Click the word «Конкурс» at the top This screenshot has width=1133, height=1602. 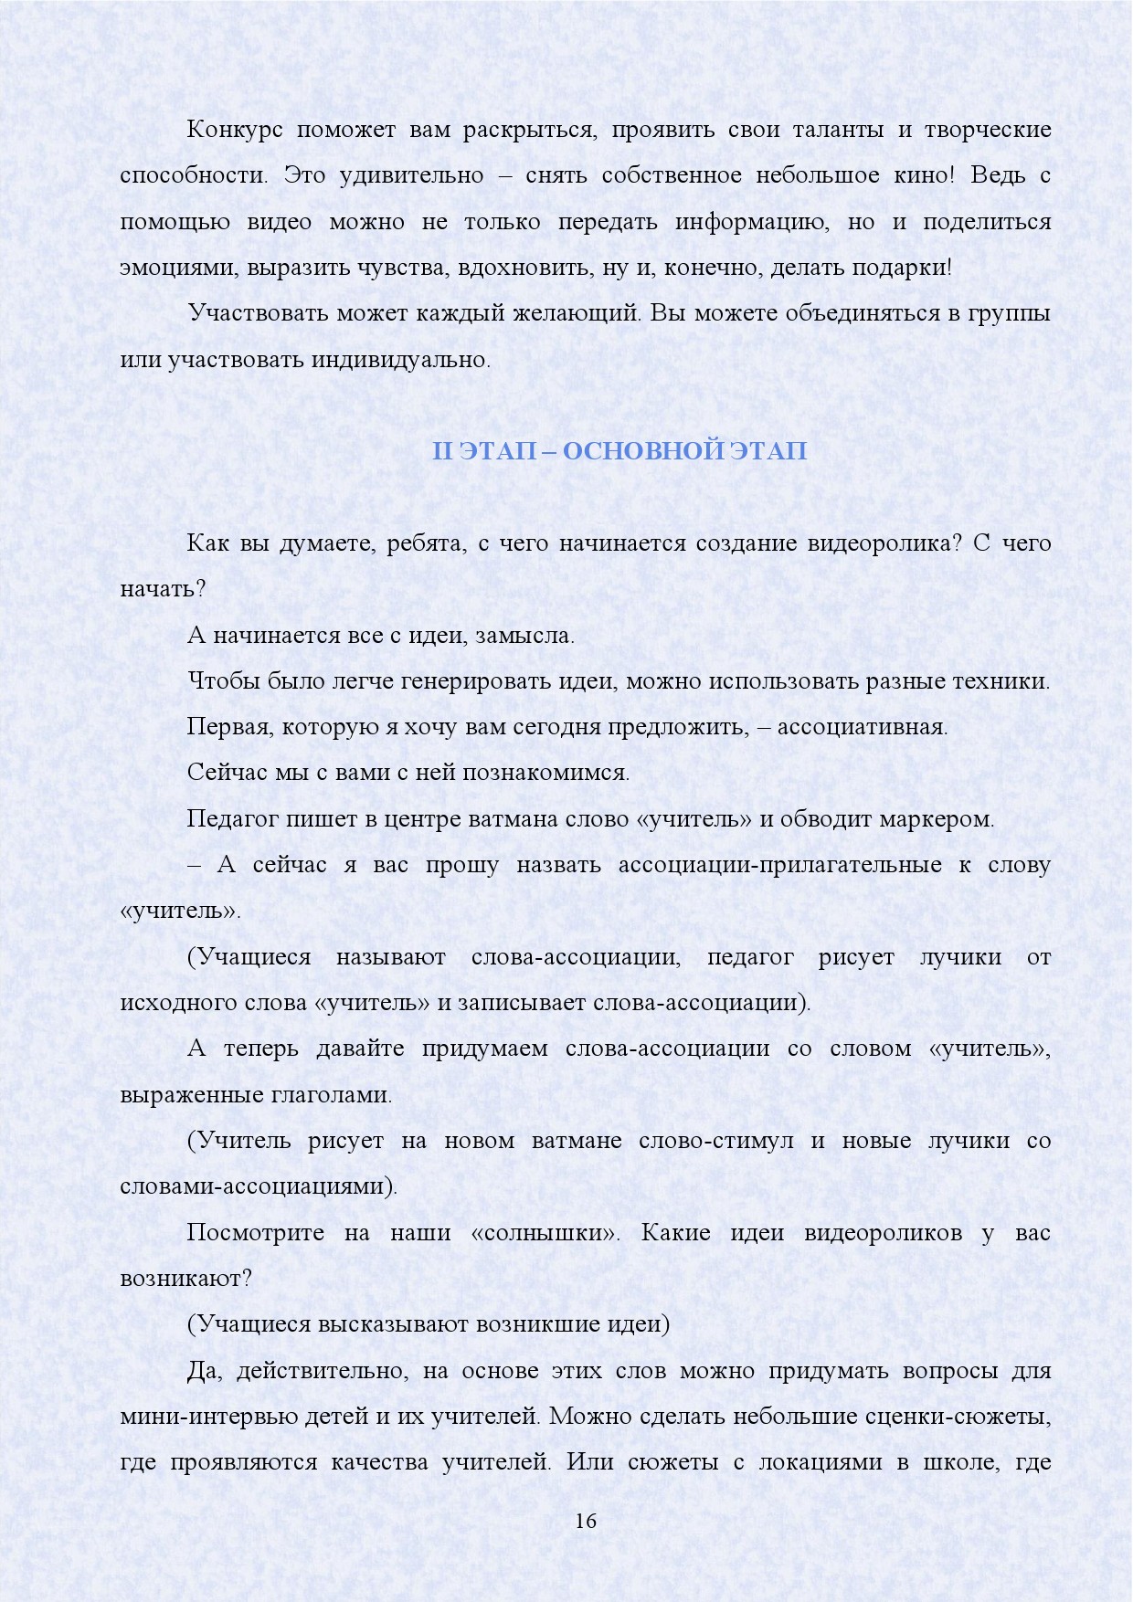coord(235,130)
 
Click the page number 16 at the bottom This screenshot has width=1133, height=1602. coord(586,1522)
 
